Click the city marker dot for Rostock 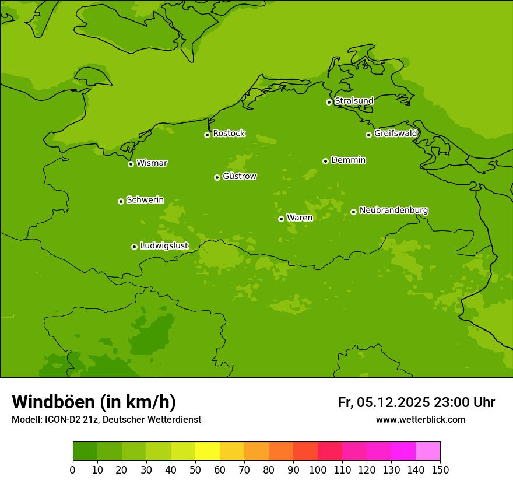coord(207,135)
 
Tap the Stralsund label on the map coord(354,101)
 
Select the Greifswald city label coord(396,134)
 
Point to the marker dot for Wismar coord(131,164)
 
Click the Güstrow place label coord(240,176)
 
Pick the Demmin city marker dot coord(325,161)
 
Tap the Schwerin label coord(145,200)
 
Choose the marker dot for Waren coord(281,219)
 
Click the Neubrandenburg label coord(393,210)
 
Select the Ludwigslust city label coord(164,246)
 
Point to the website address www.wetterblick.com coord(420,420)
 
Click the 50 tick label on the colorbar coord(195,469)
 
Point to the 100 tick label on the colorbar coord(318,469)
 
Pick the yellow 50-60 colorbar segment coord(208,451)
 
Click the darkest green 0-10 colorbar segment coord(85,451)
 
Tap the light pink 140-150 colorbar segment coord(428,451)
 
